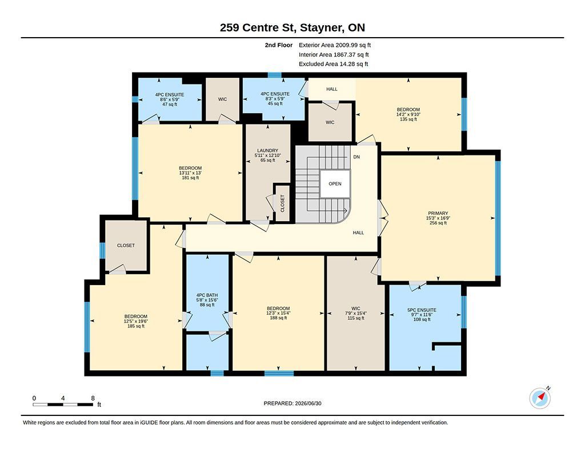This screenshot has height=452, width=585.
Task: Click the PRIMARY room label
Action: (438, 213)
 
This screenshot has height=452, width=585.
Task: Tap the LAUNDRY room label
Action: (267, 150)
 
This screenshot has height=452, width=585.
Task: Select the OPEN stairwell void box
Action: (335, 183)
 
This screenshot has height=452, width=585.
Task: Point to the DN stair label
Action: (356, 157)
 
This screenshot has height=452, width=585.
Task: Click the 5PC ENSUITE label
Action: (422, 310)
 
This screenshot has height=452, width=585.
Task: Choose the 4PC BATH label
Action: (207, 295)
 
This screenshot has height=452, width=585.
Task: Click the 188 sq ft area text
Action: (278, 318)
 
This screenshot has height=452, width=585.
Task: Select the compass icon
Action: (540, 398)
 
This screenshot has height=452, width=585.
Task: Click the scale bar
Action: (63, 404)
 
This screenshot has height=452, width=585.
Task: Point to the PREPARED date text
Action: (292, 403)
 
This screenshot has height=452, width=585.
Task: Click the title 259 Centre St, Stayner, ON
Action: (292, 27)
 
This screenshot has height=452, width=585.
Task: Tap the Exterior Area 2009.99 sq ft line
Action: (335, 45)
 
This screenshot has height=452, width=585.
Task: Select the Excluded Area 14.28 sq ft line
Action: (333, 64)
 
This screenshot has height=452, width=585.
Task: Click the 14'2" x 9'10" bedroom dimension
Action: (408, 115)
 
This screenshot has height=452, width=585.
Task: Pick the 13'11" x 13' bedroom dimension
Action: (190, 173)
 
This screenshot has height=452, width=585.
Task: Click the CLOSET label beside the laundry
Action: (282, 203)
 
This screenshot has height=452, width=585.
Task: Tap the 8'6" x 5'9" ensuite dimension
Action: (170, 99)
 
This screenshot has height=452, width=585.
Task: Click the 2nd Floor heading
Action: (279, 45)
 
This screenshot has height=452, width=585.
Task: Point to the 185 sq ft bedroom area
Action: (136, 326)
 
